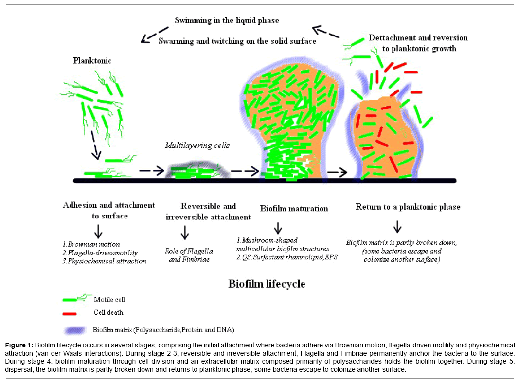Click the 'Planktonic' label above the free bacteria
[x=92, y=61]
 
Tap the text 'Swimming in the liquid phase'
[x=227, y=20]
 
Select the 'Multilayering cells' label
[x=197, y=145]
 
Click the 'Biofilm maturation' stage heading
[x=294, y=208]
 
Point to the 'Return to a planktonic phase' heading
[x=408, y=207]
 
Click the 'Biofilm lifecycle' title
[x=267, y=283]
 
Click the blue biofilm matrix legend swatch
[x=76, y=330]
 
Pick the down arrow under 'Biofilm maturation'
[x=278, y=228]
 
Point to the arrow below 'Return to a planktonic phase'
[x=397, y=226]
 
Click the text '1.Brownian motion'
[x=91, y=244]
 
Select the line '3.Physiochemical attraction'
[x=104, y=261]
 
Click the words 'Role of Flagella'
[x=189, y=251]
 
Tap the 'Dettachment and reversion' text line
[x=418, y=38]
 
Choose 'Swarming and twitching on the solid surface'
[x=237, y=41]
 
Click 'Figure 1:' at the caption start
[x=19, y=345]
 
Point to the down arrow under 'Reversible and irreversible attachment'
[x=184, y=233]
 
